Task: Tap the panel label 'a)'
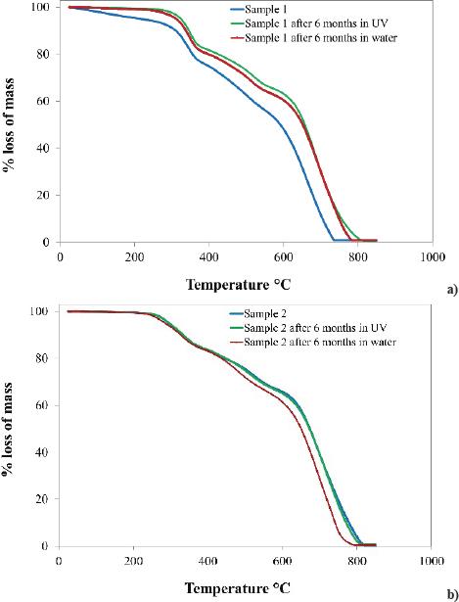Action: (x=448, y=291)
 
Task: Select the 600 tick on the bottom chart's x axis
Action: (x=282, y=561)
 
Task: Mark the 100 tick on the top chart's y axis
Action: (x=39, y=8)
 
